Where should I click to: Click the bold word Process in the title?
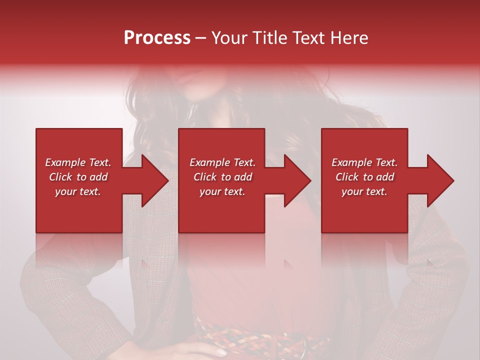[157, 38]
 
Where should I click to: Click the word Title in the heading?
[271, 38]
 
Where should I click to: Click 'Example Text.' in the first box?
[78, 162]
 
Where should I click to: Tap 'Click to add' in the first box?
[78, 177]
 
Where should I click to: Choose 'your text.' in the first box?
[78, 191]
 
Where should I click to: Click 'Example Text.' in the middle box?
[222, 162]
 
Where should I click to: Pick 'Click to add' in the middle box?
[222, 177]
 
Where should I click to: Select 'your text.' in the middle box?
[222, 191]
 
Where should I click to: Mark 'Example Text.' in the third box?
[364, 162]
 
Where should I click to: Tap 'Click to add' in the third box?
[364, 177]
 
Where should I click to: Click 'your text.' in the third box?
[364, 191]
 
